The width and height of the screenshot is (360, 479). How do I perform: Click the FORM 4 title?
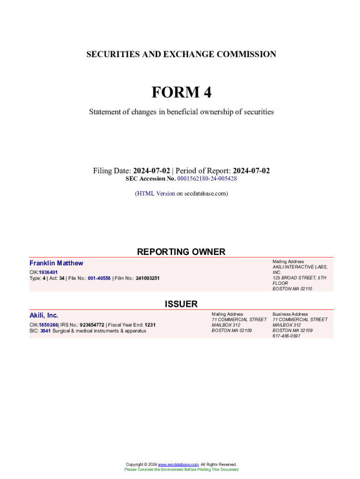click(181, 93)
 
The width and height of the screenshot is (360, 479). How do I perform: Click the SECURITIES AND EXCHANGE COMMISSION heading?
click(181, 54)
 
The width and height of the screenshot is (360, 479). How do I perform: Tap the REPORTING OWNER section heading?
click(181, 252)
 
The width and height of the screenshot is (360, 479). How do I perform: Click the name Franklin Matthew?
click(56, 263)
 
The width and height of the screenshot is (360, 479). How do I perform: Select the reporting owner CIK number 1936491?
click(48, 272)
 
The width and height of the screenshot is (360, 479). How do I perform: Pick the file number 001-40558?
click(99, 278)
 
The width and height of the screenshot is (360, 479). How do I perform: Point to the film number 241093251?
click(148, 278)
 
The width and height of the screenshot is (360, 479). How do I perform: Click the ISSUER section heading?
click(181, 304)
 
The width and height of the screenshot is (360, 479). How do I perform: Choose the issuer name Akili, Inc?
click(44, 315)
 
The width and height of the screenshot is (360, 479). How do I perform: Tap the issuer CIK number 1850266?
click(48, 325)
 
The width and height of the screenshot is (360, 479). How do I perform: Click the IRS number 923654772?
click(92, 325)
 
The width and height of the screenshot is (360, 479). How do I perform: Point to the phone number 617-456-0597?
click(287, 336)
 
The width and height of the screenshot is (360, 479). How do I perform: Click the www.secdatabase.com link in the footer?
click(178, 464)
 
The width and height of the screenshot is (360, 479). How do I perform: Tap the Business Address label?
click(290, 314)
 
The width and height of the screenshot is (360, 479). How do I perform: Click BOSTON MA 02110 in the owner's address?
click(292, 289)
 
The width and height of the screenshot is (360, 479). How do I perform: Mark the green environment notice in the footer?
click(181, 470)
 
